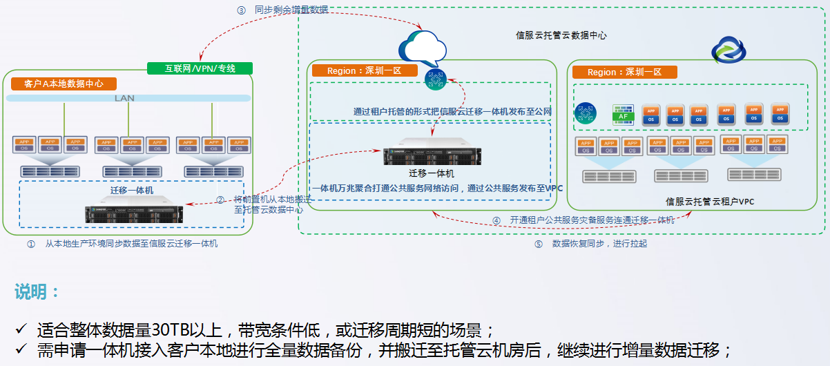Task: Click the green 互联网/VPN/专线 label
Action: [x=200, y=68]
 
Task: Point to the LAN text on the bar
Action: [x=124, y=99]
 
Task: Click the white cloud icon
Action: [x=423, y=47]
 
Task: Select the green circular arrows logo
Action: [x=728, y=50]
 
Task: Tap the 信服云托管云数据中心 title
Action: [x=561, y=35]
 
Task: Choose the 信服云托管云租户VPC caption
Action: [x=710, y=202]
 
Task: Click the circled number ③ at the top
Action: [x=241, y=10]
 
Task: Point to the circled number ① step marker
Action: [x=30, y=244]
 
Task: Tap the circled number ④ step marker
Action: [x=496, y=220]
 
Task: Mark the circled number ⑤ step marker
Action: [x=539, y=244]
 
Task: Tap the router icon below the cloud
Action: [x=435, y=79]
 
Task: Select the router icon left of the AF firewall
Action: [x=586, y=113]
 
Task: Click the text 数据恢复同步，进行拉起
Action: [x=599, y=244]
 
